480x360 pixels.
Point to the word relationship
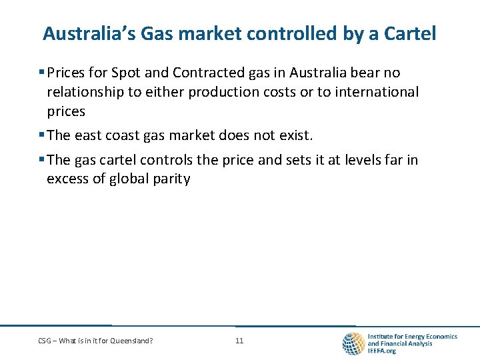[86, 92]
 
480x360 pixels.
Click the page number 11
[239, 341]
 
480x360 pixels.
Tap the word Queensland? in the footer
[133, 341]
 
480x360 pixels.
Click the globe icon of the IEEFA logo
[353, 343]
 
